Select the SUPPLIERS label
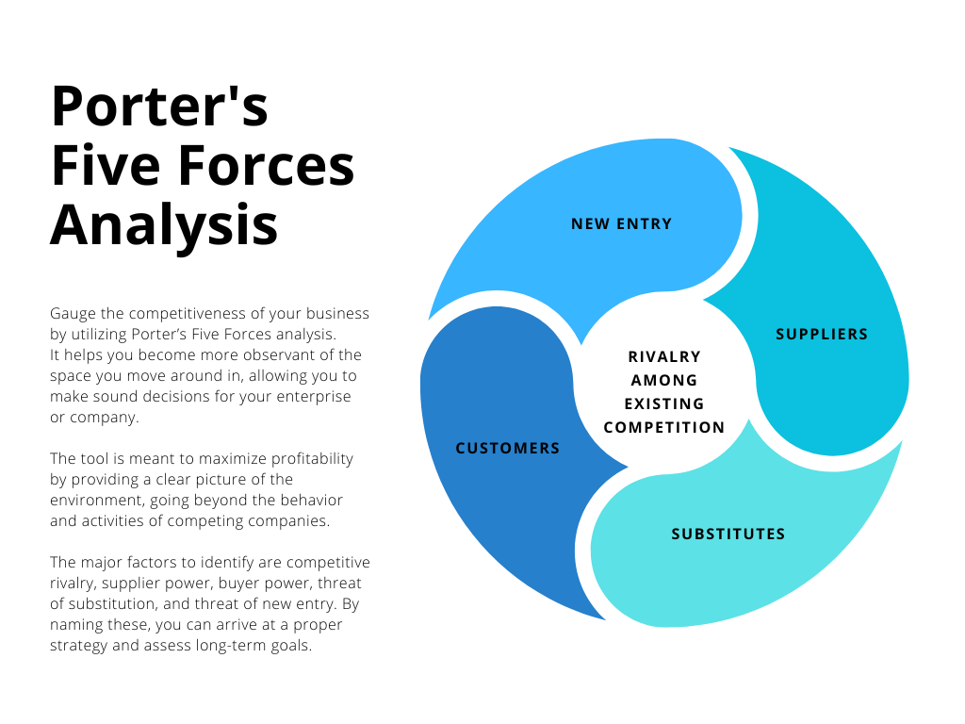822,335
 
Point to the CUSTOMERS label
508,449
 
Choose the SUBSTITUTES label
728,535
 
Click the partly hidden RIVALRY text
664,356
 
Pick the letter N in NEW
577,224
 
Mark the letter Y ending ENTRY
667,224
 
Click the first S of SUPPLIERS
780,335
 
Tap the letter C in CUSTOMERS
461,449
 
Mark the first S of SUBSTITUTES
676,535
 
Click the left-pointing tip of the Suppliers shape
695,301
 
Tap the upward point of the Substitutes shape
750,421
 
